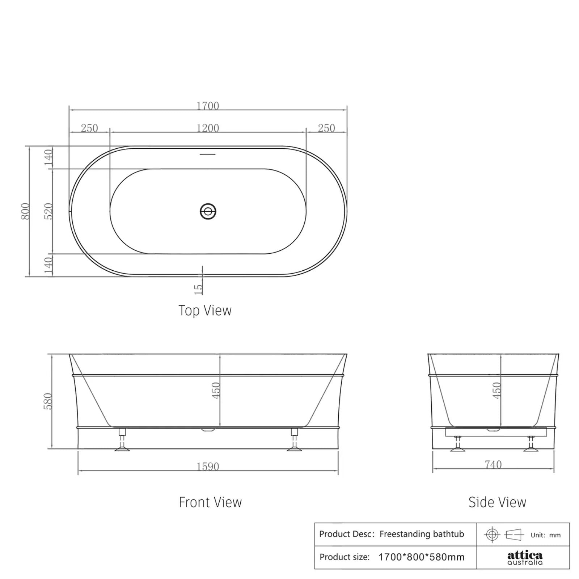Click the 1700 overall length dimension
point(208,106)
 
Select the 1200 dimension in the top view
point(208,128)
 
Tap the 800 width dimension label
point(25,211)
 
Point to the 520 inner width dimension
point(48,211)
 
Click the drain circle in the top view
point(208,211)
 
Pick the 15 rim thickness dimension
point(198,288)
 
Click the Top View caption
point(205,310)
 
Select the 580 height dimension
point(48,401)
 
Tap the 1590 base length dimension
point(208,466)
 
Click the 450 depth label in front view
point(216,390)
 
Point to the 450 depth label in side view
point(496,390)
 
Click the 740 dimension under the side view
point(493,464)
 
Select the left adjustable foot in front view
point(122,440)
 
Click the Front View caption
point(210,502)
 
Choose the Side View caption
point(497,502)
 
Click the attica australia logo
point(525,557)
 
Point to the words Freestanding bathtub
point(422,534)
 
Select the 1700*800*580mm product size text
point(421,557)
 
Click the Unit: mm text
point(545,535)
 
